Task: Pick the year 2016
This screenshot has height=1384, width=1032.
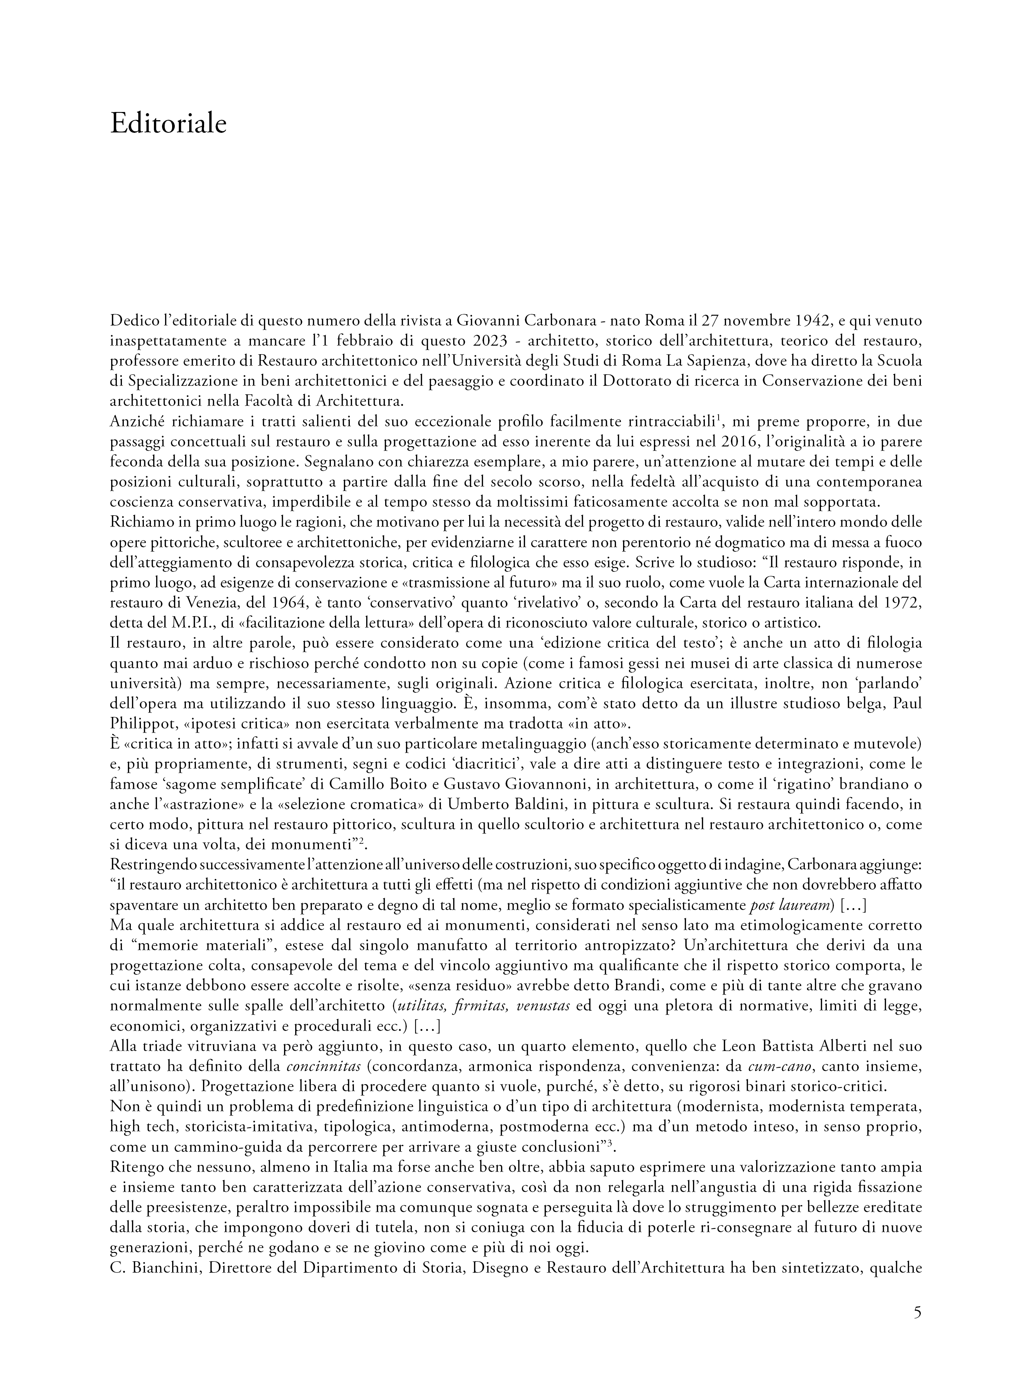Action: point(727,441)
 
